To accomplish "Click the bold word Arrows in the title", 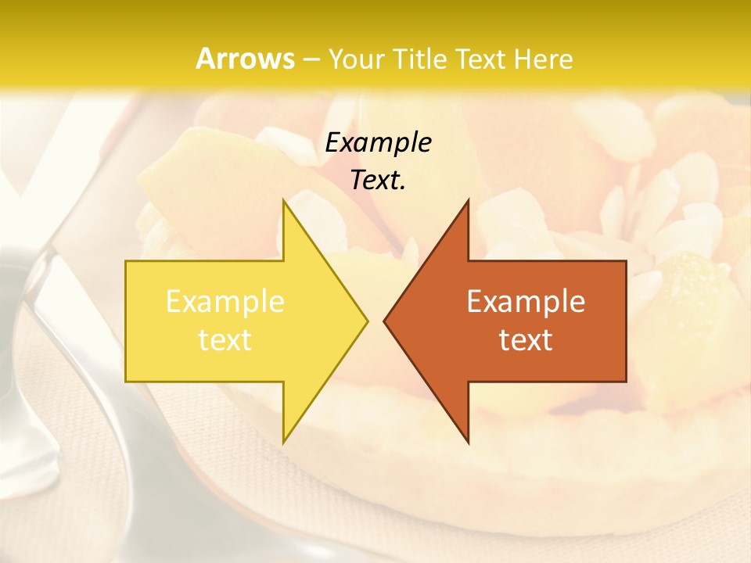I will (x=246, y=59).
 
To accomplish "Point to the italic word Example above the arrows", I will (x=379, y=142).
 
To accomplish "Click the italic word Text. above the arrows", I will (x=379, y=180).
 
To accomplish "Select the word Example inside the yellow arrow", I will (x=225, y=302).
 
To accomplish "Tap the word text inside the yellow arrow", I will (x=225, y=340).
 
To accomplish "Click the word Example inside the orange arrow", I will (x=526, y=302).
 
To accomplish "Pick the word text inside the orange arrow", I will (x=526, y=340).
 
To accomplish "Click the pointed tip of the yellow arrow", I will (x=367, y=321).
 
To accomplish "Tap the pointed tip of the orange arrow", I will (x=384, y=321).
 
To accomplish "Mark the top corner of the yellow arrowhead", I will (x=284, y=200).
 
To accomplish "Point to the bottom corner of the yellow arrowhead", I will (x=284, y=443).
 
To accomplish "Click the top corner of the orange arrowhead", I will (x=468, y=200).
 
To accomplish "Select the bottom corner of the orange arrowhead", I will (x=468, y=443).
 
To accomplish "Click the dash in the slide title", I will (x=310, y=60).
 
